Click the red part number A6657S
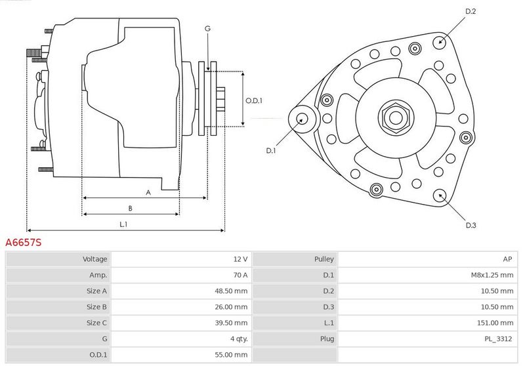pyautogui.click(x=24, y=243)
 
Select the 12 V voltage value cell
pyautogui.click(x=240, y=259)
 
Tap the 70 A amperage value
pyautogui.click(x=240, y=275)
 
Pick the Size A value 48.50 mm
pyautogui.click(x=231, y=291)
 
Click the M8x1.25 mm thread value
pyautogui.click(x=492, y=275)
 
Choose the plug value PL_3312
pyautogui.click(x=498, y=339)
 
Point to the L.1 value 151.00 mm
pyautogui.click(x=495, y=323)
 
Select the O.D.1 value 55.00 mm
pyautogui.click(x=231, y=355)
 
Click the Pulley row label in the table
pyautogui.click(x=324, y=259)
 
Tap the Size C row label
pyautogui.click(x=96, y=323)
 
